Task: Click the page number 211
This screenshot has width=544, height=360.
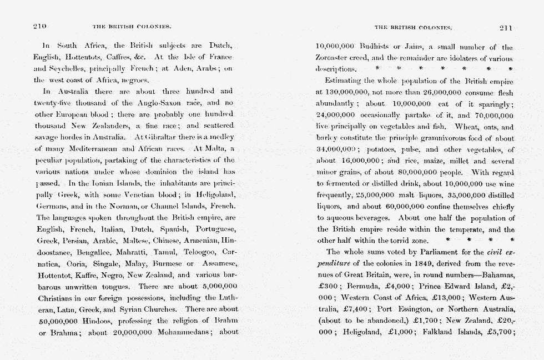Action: click(506, 27)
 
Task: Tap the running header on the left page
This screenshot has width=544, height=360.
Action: click(131, 27)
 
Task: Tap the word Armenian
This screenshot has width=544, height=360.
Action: click(200, 241)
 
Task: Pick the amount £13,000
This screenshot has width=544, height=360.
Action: click(436, 298)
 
